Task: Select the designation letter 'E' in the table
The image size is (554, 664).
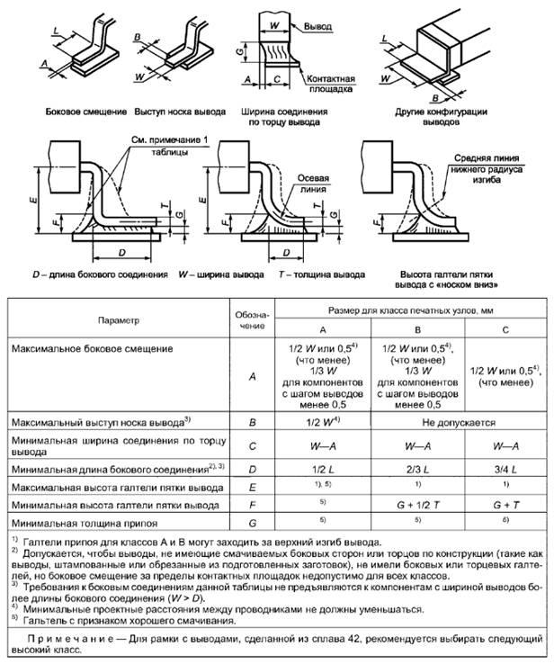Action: click(250, 486)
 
